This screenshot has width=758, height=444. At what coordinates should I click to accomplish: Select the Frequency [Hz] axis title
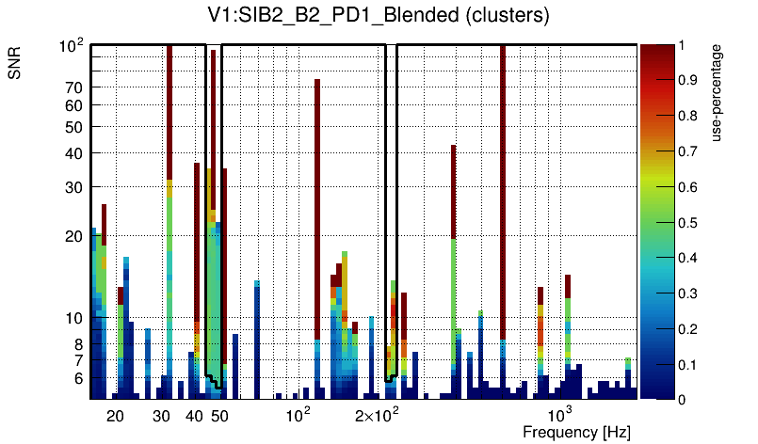coord(576,432)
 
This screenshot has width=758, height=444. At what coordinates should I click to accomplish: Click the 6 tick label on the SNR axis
coord(78,378)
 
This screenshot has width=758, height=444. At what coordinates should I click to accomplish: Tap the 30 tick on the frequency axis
coord(161,415)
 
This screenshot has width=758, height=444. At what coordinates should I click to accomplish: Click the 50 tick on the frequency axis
coord(219,415)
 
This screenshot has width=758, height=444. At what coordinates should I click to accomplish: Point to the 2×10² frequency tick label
coord(379,414)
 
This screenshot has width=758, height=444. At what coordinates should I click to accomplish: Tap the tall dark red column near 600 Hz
coord(503,188)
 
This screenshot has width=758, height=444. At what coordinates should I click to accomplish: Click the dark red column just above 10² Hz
coord(317,207)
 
